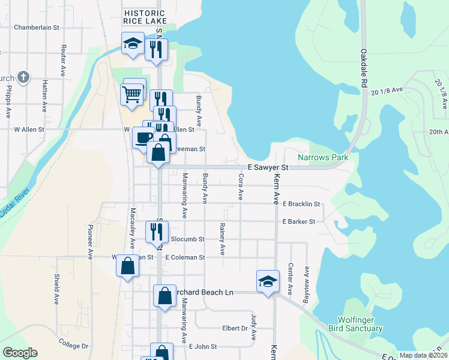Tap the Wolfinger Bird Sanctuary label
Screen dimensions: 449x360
point(355,324)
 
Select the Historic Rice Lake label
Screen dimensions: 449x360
point(144,17)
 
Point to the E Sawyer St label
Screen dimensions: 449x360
point(269,168)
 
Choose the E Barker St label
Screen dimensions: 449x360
point(299,221)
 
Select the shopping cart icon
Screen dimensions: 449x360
point(132,94)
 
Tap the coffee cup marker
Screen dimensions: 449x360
point(143,137)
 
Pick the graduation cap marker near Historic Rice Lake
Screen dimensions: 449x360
point(132,43)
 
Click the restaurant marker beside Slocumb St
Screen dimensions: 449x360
point(157,231)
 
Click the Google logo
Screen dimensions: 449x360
point(20,353)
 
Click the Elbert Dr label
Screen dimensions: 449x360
point(235,328)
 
